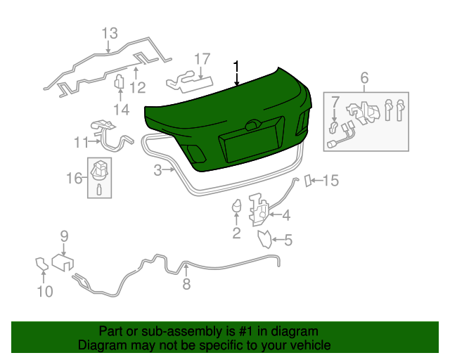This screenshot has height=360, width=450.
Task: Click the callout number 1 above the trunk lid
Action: point(237,67)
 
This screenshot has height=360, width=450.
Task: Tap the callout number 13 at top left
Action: point(110,33)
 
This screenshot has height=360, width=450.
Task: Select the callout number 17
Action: point(202,58)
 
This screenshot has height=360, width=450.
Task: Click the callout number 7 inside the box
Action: point(335,103)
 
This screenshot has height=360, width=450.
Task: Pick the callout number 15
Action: point(330,181)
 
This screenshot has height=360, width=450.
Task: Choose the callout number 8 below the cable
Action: point(186,284)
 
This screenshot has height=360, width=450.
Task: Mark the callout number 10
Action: point(44,291)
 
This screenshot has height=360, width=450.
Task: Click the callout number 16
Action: point(75,179)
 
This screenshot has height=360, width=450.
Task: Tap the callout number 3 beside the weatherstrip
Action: point(158,169)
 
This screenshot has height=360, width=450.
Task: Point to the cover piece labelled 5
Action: point(264,240)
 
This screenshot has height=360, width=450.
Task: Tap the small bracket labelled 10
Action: point(41,265)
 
